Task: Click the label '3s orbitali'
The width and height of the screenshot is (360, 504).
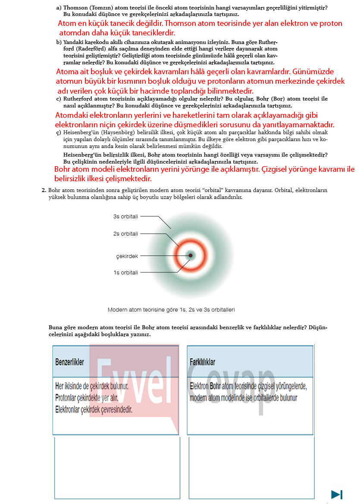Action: (125, 217)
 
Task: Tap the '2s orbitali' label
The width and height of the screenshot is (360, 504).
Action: (125, 234)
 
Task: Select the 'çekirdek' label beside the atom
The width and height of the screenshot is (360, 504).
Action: (127, 256)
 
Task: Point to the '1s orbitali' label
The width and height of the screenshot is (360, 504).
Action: (125, 273)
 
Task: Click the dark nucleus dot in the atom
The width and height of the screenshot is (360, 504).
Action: (191, 255)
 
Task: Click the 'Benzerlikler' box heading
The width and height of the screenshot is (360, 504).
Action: (70, 362)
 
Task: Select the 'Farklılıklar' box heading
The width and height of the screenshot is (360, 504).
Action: (202, 362)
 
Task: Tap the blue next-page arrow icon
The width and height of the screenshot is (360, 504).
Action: (337, 495)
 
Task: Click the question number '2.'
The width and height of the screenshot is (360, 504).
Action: (44, 190)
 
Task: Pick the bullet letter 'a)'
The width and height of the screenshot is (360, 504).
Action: (59, 7)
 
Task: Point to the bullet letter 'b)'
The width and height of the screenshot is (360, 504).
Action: (59, 42)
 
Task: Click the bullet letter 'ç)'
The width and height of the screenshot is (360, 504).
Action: (59, 133)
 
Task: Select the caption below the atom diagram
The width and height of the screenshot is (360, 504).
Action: (171, 310)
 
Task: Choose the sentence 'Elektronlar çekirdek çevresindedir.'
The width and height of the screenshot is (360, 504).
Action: (94, 409)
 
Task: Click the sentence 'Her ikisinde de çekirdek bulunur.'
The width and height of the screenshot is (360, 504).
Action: (92, 386)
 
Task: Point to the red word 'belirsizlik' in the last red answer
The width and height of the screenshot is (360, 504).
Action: (72, 179)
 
